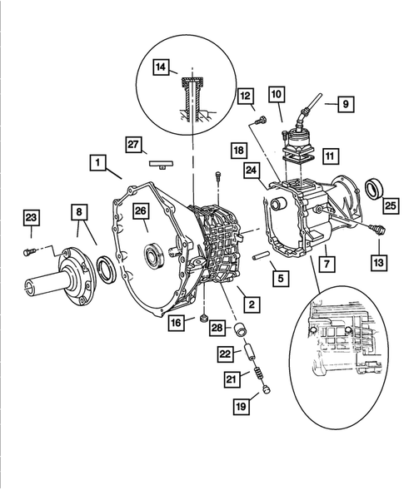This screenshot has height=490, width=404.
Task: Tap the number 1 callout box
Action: tap(98, 164)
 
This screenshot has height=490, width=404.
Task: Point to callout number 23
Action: tap(31, 220)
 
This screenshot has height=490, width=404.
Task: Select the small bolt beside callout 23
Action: tap(28, 250)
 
